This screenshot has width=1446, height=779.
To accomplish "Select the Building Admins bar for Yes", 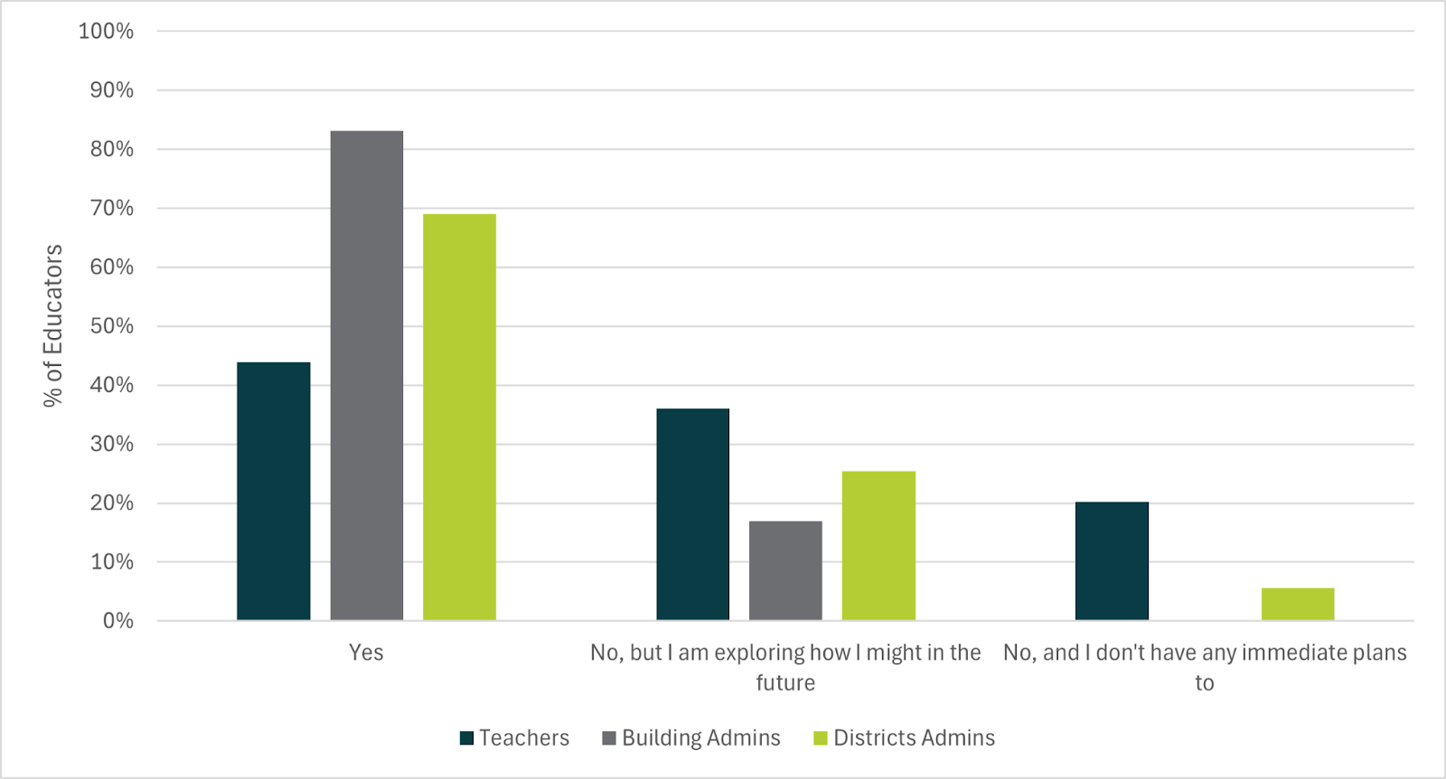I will [x=366, y=375].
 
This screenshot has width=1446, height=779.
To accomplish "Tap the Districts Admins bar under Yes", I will [x=459, y=417].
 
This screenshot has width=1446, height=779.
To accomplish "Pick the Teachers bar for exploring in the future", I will [x=692, y=514].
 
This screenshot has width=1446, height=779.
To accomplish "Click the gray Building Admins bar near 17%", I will [x=785, y=570].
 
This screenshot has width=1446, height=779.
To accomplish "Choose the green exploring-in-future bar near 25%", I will [x=878, y=545].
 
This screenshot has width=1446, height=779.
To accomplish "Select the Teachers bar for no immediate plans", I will [x=1112, y=560].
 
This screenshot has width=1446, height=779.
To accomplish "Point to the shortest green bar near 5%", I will [x=1297, y=604].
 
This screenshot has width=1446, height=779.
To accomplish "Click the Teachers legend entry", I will [x=514, y=738].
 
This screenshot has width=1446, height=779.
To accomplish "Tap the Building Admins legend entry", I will [x=691, y=738].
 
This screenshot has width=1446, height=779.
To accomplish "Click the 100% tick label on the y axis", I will [x=106, y=32].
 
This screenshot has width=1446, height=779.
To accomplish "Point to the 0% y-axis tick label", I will [x=117, y=621].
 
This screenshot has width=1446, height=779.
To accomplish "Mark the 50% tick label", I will [x=111, y=326].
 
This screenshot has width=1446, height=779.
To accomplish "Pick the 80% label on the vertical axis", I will [x=111, y=149].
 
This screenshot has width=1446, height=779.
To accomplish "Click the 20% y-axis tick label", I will [x=111, y=503].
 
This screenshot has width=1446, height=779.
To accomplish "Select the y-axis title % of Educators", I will [x=53, y=325].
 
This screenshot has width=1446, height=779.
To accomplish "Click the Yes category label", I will [x=366, y=652].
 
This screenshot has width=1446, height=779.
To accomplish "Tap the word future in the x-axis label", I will [x=785, y=683].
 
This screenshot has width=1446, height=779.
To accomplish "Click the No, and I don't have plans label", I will [x=1204, y=653].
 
